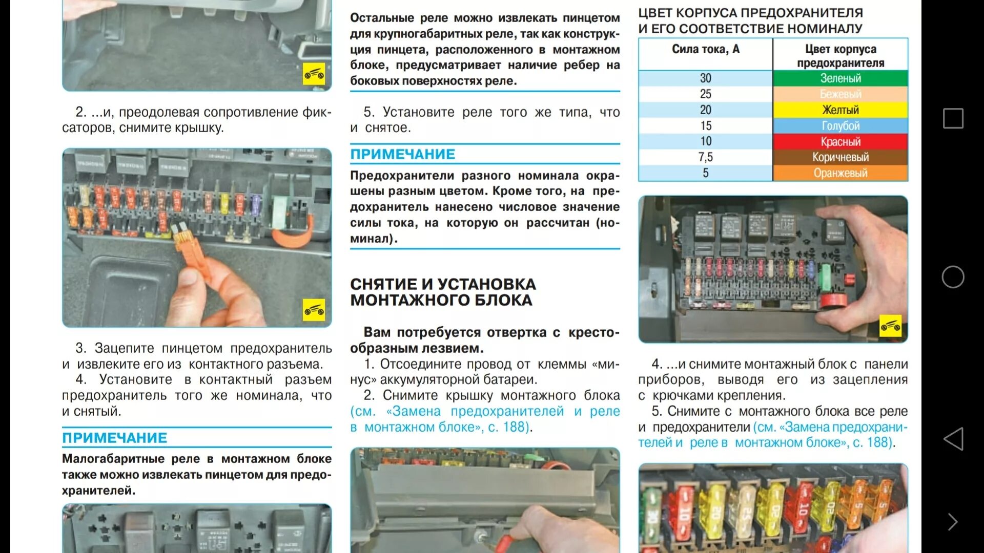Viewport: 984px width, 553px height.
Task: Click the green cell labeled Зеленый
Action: (x=840, y=78)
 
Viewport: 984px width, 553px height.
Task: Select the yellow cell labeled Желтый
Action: (x=840, y=110)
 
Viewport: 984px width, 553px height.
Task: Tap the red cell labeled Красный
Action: (x=840, y=142)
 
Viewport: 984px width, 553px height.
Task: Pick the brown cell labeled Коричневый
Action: (x=840, y=157)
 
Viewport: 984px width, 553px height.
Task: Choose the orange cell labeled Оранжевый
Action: (x=840, y=173)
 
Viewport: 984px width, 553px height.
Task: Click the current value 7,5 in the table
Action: (x=705, y=157)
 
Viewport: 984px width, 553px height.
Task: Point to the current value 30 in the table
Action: (x=705, y=78)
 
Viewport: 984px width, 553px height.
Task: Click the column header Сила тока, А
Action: (x=705, y=49)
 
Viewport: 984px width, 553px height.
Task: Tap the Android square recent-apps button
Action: (x=953, y=118)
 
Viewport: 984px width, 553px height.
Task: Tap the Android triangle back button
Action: (x=953, y=439)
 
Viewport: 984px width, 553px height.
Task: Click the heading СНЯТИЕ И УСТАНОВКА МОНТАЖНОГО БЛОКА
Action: (x=443, y=292)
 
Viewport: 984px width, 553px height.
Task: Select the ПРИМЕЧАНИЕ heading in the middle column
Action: (x=402, y=154)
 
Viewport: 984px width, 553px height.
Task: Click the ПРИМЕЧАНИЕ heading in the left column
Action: (x=114, y=438)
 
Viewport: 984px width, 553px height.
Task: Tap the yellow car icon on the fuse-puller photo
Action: (x=314, y=310)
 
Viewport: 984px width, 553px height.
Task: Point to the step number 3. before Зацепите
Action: (x=81, y=348)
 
